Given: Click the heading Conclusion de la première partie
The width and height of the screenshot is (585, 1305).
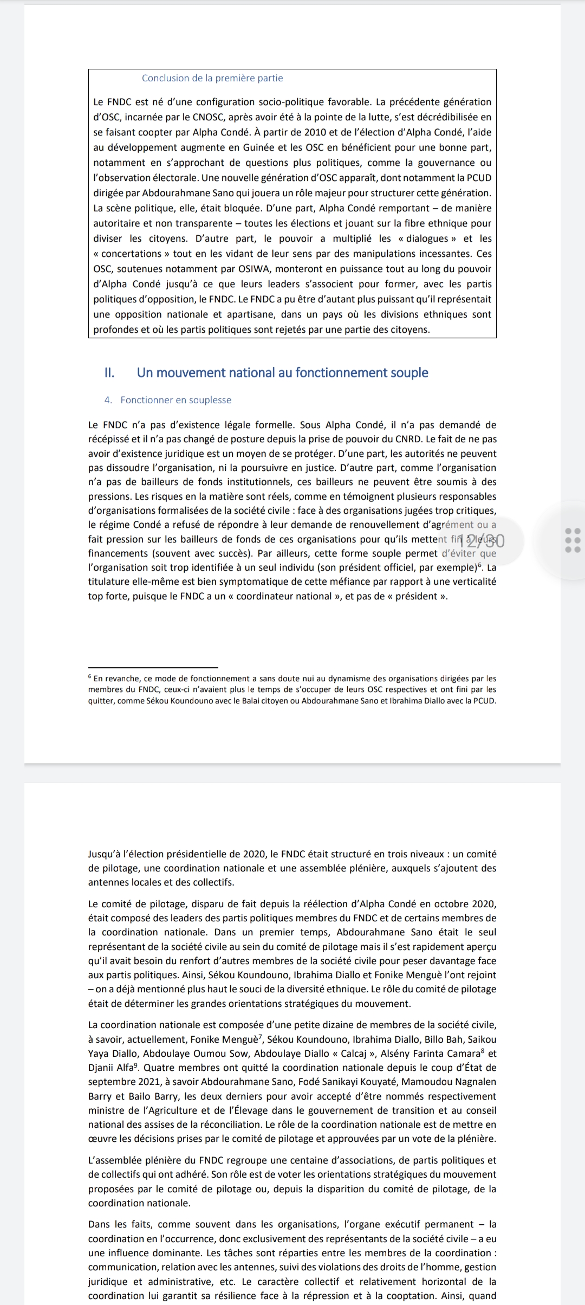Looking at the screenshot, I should pos(212,78).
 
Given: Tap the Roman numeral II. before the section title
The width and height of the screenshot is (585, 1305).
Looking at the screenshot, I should pos(109,373).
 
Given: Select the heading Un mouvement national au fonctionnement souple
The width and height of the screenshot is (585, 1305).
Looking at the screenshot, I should pos(282,373).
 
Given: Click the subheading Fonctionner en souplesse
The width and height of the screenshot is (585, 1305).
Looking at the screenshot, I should pos(175,400).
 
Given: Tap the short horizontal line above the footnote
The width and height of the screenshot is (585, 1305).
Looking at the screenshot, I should pos(153,667).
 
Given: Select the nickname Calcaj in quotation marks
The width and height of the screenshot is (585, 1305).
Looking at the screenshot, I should pos(346,1054).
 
